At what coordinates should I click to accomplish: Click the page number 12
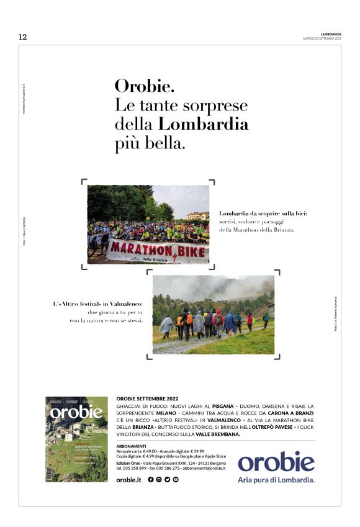click(22, 37)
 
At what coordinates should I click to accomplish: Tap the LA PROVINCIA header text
click(331, 34)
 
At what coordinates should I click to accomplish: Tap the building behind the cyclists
click(197, 216)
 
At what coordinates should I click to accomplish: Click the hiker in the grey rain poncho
click(166, 325)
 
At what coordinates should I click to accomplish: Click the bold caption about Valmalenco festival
click(98, 304)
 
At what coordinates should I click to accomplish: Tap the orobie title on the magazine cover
click(76, 413)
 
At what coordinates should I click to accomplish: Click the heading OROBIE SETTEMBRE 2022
click(147, 398)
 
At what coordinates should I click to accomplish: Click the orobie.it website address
click(129, 480)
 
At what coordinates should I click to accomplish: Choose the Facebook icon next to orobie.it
click(151, 480)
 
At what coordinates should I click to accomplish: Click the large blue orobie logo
click(276, 462)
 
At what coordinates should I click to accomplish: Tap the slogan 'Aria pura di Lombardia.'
click(276, 480)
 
